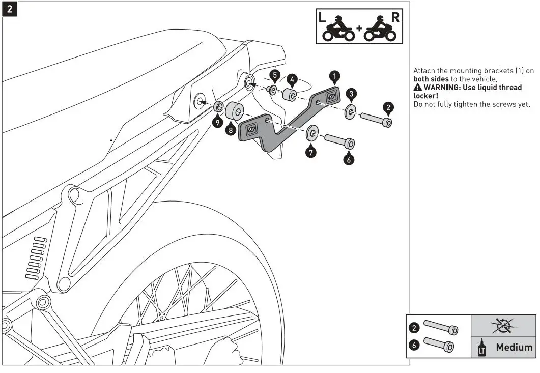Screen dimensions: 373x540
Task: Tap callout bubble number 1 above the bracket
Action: pyautogui.click(x=334, y=76)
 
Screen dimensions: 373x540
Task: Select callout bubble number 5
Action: pyautogui.click(x=275, y=76)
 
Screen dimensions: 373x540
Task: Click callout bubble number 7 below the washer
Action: pyautogui.click(x=311, y=151)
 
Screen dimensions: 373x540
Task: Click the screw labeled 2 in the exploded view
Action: pyautogui.click(x=376, y=120)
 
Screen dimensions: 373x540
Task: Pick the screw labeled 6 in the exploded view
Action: pyautogui.click(x=338, y=140)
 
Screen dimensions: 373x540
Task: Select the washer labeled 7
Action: pyautogui.click(x=312, y=134)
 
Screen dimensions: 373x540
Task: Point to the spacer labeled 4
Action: pyautogui.click(x=291, y=95)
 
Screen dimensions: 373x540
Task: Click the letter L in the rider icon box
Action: pyautogui.click(x=322, y=16)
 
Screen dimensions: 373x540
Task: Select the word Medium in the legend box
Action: pyautogui.click(x=514, y=348)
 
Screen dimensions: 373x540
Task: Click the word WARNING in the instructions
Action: pyautogui.click(x=438, y=88)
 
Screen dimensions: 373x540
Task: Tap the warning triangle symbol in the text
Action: pyautogui.click(x=417, y=88)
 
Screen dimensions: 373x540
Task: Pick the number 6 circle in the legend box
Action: pyautogui.click(x=415, y=345)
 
